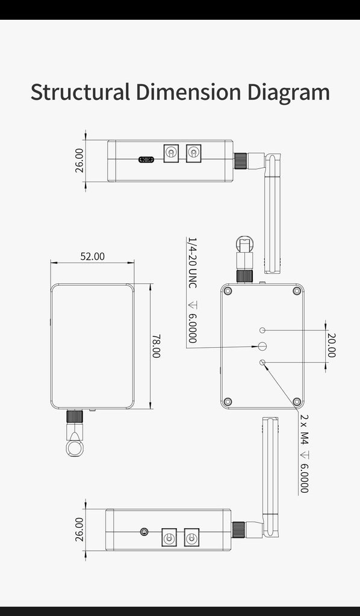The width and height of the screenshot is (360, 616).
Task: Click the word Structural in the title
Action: point(80,91)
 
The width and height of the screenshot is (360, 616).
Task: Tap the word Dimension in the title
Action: point(188,91)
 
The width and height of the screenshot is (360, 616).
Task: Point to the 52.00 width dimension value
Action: point(93,256)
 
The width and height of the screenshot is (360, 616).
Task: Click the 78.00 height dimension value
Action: point(157,346)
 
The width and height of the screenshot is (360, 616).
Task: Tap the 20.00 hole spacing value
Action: point(331,345)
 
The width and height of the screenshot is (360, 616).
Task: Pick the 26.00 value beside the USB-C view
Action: point(79,160)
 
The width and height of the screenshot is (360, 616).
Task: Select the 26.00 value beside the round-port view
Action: point(79,529)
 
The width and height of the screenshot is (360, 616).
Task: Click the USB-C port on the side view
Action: point(146,159)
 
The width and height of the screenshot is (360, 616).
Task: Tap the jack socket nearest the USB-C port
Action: point(171,152)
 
